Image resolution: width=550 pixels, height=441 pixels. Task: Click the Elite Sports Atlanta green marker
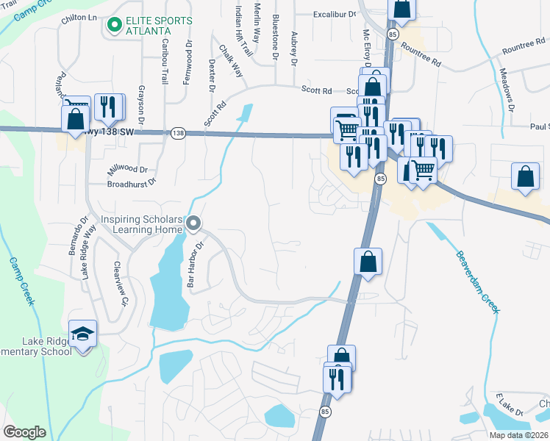[114, 26]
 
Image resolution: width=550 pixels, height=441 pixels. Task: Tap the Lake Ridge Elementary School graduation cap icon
[83, 333]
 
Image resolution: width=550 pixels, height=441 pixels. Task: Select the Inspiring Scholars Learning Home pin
[193, 223]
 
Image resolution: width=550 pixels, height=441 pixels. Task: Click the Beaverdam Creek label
[477, 282]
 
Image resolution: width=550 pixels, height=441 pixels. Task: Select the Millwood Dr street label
[128, 169]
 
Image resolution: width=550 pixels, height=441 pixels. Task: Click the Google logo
[24, 431]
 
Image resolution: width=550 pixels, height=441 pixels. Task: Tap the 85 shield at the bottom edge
[324, 412]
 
